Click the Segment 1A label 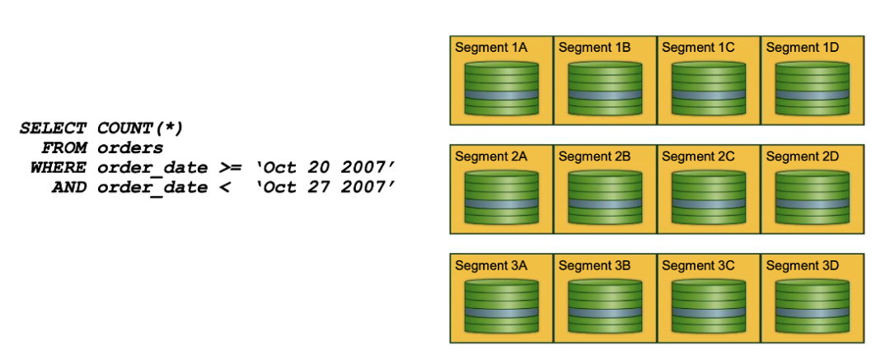(491, 48)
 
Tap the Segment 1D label (802, 48)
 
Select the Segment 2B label (595, 157)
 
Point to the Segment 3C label (698, 265)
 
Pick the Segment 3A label (491, 265)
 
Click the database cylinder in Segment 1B (605, 87)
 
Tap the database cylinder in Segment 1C (708, 87)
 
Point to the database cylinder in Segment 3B (605, 306)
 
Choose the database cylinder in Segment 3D (812, 306)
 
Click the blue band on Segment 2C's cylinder (708, 203)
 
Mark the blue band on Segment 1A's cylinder (501, 94)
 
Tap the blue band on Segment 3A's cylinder (501, 312)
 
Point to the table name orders (130, 148)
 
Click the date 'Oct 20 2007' (326, 168)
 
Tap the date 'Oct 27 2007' (326, 188)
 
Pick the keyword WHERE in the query (58, 168)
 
